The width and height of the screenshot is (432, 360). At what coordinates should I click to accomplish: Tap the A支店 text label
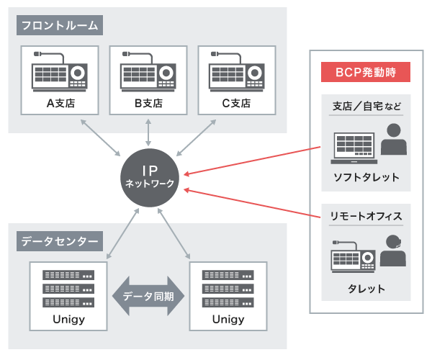point(61,103)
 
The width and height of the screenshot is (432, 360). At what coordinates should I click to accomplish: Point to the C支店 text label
point(236,103)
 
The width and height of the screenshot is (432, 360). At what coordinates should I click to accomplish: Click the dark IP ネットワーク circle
point(148,177)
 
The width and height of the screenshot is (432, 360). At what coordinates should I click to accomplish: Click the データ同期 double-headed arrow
point(148,296)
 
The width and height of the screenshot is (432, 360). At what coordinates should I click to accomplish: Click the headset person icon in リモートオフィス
point(392,250)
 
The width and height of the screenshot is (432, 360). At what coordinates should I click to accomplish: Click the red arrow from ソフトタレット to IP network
point(252,161)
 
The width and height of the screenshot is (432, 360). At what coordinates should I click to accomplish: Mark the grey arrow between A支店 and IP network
point(101,136)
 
